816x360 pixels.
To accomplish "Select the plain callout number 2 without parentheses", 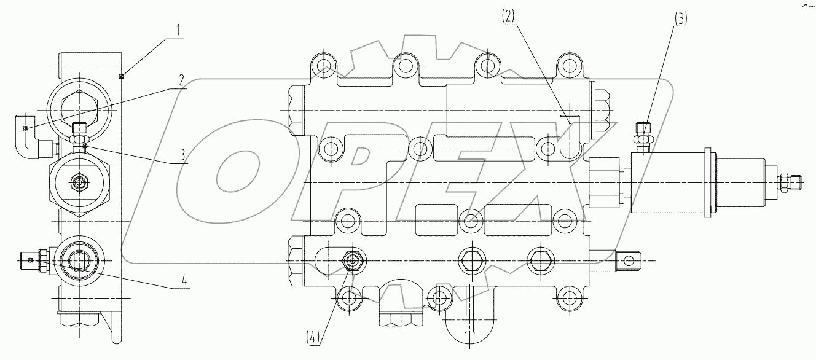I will click(x=181, y=79).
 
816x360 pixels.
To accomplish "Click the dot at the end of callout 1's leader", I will click(x=122, y=76).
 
